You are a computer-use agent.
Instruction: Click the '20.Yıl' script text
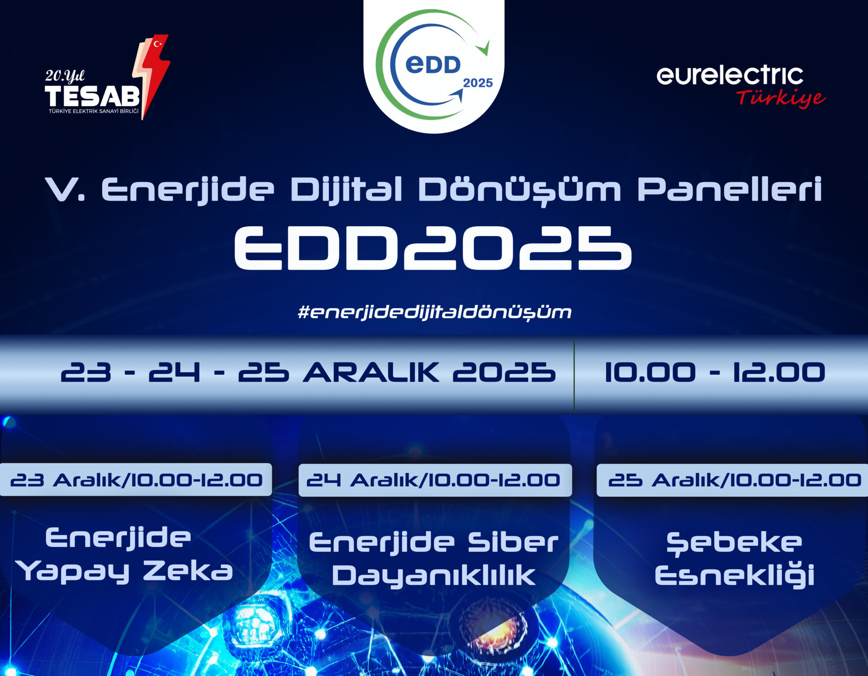(x=65, y=76)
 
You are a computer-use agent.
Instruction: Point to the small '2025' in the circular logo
(x=478, y=83)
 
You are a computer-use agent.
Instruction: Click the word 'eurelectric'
(x=730, y=75)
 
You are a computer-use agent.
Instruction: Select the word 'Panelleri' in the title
(x=729, y=189)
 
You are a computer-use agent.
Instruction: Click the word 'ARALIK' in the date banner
(x=371, y=372)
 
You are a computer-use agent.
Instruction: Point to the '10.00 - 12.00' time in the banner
(x=715, y=372)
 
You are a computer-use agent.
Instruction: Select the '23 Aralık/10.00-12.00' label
(x=136, y=480)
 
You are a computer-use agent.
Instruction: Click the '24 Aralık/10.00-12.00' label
(x=433, y=480)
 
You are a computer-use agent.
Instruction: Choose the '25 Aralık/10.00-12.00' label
(x=734, y=480)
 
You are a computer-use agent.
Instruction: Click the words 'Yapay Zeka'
(x=125, y=572)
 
